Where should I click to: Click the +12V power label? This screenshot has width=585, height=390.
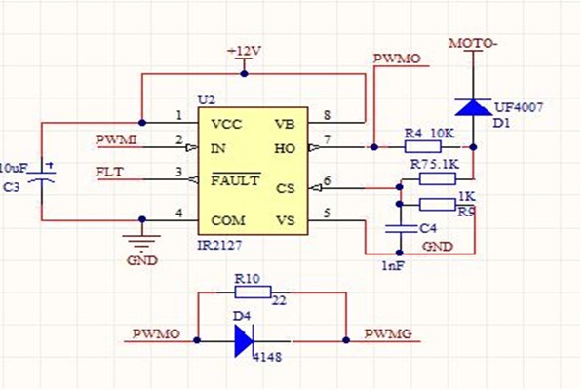click(244, 50)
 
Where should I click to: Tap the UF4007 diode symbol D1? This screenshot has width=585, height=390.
click(474, 106)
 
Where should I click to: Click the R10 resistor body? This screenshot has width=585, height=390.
click(253, 293)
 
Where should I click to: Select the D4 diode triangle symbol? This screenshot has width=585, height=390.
click(243, 340)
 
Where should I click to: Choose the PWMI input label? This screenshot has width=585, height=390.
click(117, 139)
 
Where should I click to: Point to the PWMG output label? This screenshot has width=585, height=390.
click(387, 334)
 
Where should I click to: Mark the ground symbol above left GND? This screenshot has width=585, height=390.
click(142, 241)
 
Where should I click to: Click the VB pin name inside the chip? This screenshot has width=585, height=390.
click(285, 124)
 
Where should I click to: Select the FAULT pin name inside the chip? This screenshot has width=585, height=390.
click(237, 180)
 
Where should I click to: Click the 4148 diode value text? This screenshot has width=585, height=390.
click(265, 359)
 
